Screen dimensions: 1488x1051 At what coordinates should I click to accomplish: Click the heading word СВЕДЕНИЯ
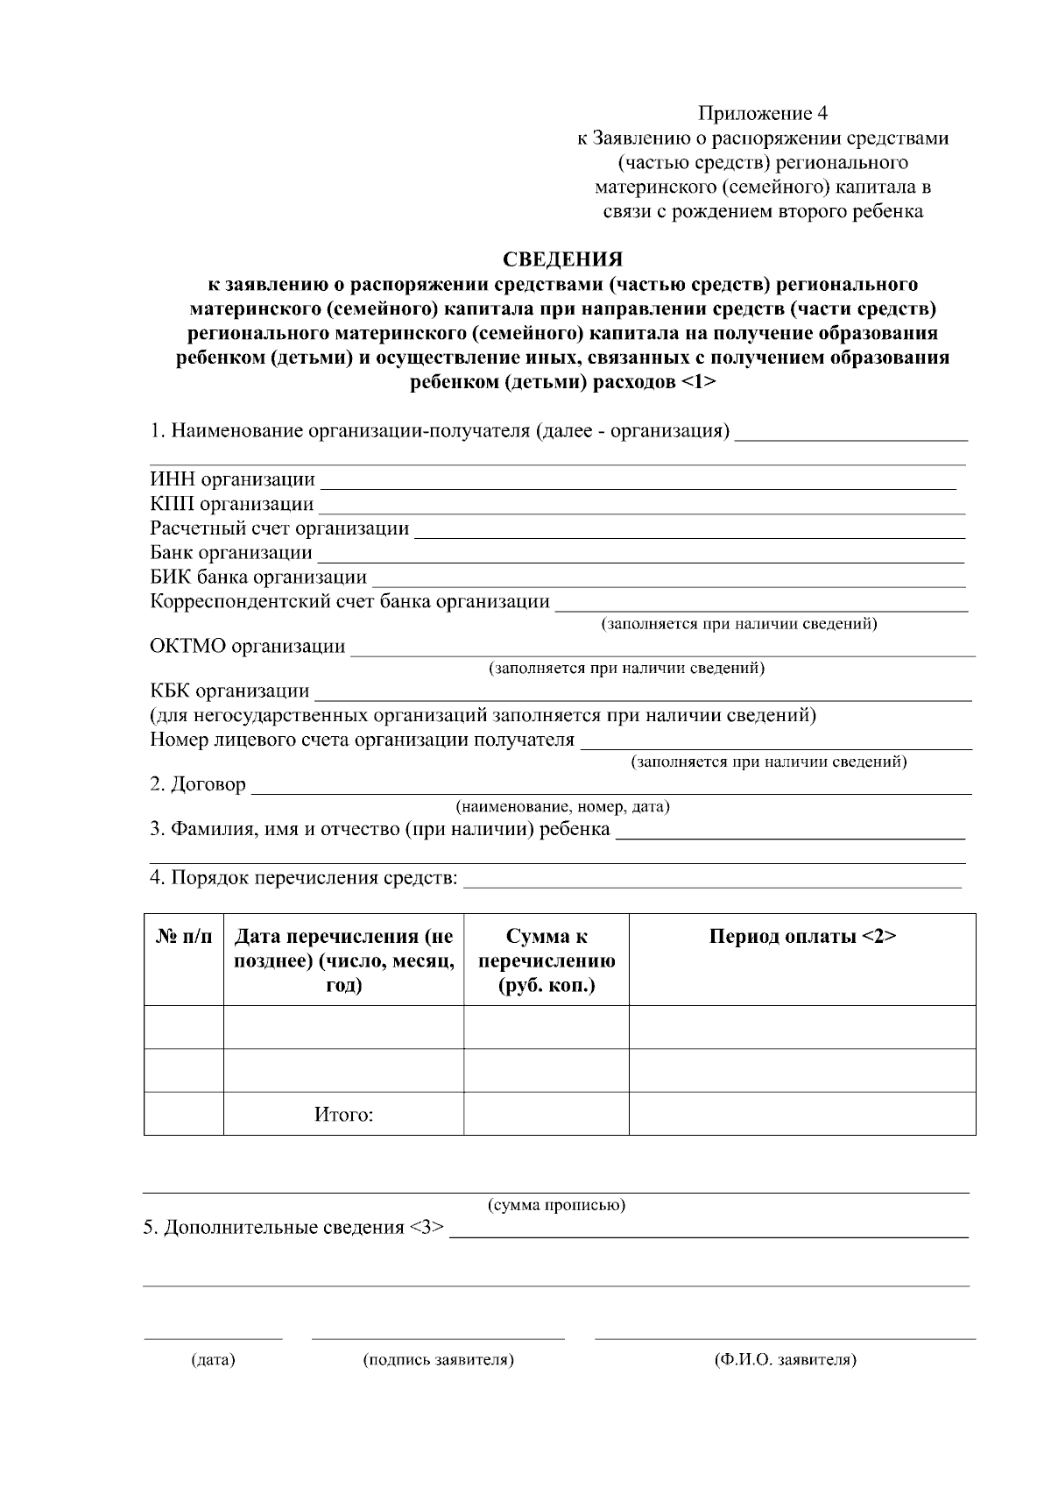[562, 259]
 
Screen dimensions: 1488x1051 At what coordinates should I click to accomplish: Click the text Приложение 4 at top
[762, 113]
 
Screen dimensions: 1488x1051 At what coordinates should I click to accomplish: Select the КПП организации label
[232, 504]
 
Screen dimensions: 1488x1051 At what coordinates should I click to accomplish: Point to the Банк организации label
[231, 553]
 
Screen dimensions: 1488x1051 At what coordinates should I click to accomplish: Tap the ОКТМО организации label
[248, 647]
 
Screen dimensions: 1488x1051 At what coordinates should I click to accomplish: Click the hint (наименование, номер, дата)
[562, 806]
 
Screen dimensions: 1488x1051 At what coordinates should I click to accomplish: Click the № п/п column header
[184, 937]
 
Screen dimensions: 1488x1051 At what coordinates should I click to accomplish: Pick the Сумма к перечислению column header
[547, 960]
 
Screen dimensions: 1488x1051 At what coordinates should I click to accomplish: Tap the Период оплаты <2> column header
[802, 937]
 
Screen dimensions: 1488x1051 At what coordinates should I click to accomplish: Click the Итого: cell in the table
[343, 1115]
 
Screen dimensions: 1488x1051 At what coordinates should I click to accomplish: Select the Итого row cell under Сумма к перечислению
[547, 1114]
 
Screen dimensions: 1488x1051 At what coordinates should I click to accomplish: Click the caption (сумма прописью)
[556, 1205]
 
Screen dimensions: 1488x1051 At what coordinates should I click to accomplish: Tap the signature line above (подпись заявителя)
[438, 1336]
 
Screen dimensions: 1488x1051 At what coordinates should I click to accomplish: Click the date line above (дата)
[213, 1336]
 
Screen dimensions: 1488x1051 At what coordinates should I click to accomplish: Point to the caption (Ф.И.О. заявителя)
[785, 1360]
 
